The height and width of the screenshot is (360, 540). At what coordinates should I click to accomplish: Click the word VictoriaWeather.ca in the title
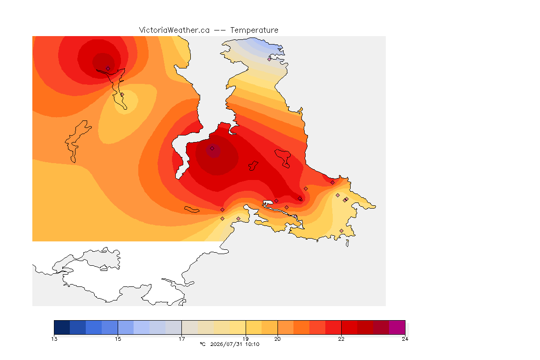[x=174, y=30]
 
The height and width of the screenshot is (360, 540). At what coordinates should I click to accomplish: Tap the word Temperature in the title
[x=254, y=30]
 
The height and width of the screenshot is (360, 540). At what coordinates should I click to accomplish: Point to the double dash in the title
[x=220, y=30]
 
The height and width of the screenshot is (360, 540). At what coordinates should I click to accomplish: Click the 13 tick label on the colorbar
[x=54, y=339]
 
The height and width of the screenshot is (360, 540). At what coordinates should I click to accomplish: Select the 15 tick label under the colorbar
[x=118, y=339]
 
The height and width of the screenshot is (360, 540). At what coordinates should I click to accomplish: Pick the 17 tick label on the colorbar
[x=181, y=339]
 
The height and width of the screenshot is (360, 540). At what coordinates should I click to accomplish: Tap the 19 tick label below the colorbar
[x=246, y=339]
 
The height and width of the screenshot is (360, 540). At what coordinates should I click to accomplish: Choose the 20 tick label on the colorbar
[x=277, y=339]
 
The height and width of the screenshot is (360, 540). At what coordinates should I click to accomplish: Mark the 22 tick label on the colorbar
[x=341, y=339]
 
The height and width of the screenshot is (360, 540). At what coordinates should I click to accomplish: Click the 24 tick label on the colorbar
[x=405, y=339]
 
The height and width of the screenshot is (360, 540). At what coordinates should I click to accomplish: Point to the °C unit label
[x=202, y=344]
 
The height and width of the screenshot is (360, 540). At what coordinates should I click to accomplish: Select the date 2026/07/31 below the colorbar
[x=226, y=344]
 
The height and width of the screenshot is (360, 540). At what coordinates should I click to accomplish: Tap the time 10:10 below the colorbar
[x=252, y=344]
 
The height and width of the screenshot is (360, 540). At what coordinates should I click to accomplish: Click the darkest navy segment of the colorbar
[x=62, y=327]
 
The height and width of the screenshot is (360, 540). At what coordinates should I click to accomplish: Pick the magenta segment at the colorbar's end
[x=397, y=327]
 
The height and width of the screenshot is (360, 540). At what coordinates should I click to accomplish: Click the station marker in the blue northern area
[x=270, y=59]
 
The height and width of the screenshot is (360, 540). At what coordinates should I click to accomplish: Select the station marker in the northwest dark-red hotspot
[x=108, y=68]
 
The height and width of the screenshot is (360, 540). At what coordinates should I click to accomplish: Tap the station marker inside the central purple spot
[x=212, y=149]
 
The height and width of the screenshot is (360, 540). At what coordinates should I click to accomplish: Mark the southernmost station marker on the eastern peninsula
[x=341, y=231]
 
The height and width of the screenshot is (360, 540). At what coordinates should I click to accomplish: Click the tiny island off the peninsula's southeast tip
[x=347, y=243]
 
